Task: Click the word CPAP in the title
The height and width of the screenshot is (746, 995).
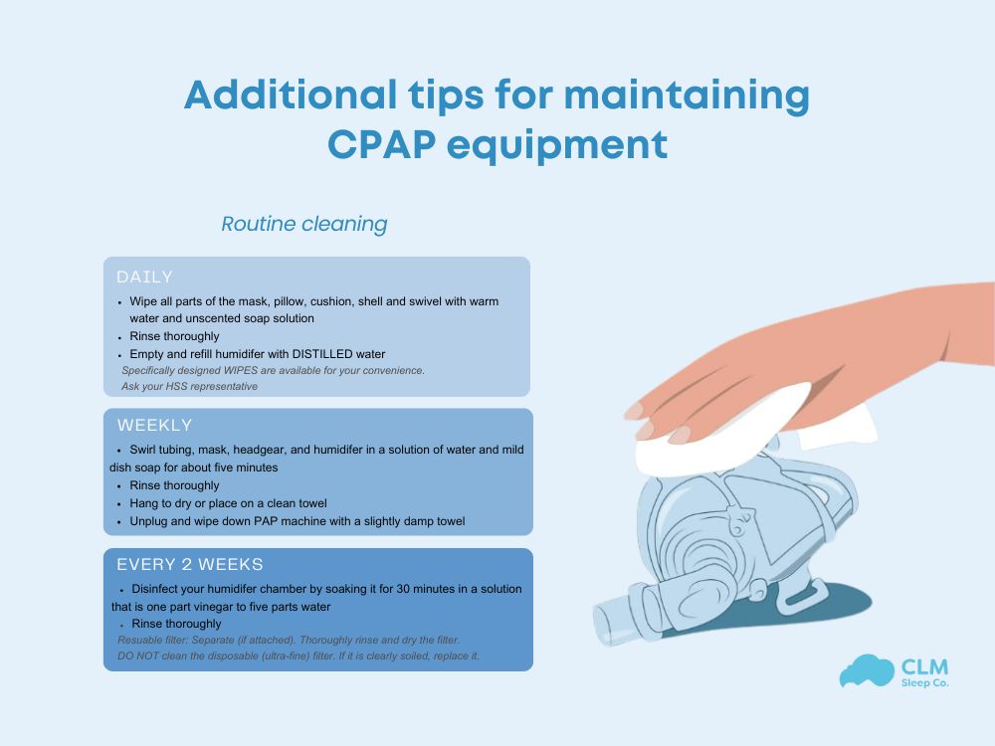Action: pos(381,145)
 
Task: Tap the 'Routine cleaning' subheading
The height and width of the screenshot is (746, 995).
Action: pos(303,224)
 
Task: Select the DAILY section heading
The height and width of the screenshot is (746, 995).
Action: pos(145,277)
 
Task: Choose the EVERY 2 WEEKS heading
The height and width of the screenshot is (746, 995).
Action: pos(190,564)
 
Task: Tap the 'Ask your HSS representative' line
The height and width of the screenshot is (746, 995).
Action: pos(189,386)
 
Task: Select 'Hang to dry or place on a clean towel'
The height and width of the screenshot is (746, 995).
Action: pos(228,503)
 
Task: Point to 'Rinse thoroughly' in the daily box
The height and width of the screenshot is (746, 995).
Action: pos(174,336)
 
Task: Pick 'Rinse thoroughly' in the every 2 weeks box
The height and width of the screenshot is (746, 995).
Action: pos(176,624)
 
